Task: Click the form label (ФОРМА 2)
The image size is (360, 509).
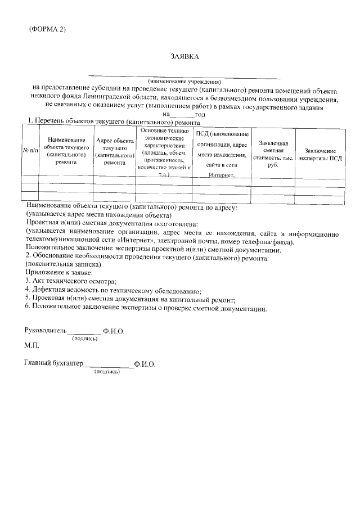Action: click(47, 30)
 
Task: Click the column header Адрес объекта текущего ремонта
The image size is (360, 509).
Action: click(114, 151)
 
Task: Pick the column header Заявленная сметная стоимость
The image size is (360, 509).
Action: click(273, 150)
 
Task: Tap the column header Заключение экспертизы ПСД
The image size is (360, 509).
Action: click(320, 155)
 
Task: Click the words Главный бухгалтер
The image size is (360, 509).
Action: click(53, 364)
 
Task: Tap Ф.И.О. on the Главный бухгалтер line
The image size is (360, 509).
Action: click(145, 364)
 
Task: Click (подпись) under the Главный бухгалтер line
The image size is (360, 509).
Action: click(107, 372)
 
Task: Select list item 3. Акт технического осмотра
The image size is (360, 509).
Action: click(70, 280)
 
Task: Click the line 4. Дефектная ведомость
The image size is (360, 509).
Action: click(112, 290)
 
